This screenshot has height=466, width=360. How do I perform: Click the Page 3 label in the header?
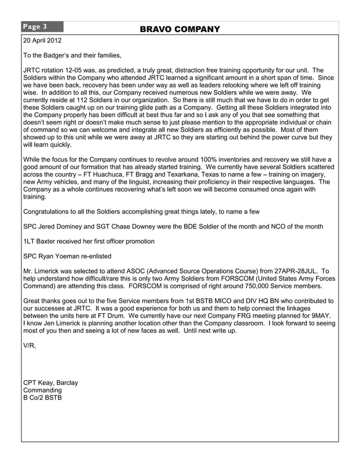(x=35, y=27)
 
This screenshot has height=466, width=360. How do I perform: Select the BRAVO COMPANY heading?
(x=179, y=29)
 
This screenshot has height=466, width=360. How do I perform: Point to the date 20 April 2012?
(x=42, y=41)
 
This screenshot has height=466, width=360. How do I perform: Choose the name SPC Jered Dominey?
(x=56, y=226)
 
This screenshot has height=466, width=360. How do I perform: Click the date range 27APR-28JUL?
(x=293, y=271)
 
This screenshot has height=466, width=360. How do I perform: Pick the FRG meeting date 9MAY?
(x=319, y=315)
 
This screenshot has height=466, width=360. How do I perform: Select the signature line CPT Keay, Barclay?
(x=51, y=383)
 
